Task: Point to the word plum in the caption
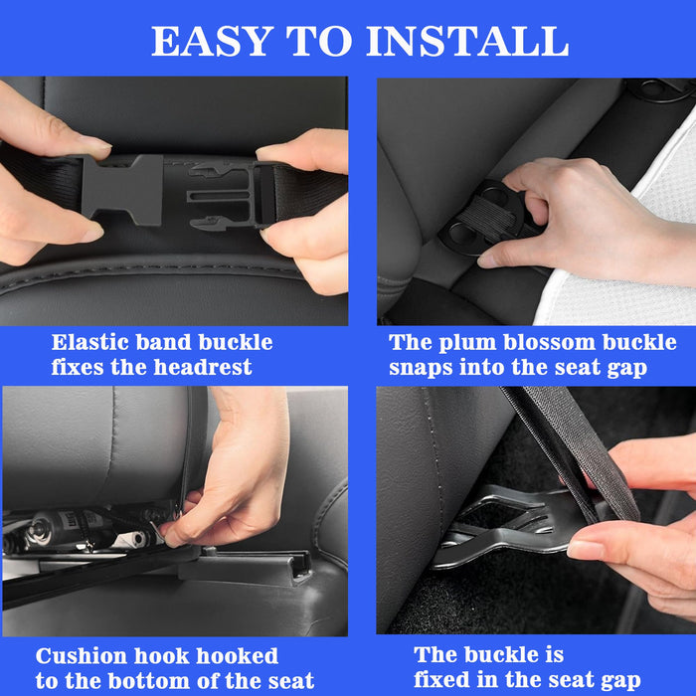[x=458, y=343]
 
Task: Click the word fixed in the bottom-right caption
[x=451, y=681]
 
